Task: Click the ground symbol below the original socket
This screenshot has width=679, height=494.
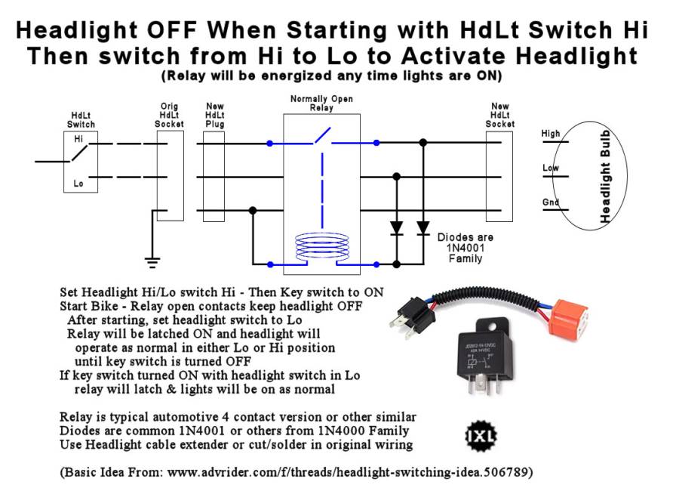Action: point(152,261)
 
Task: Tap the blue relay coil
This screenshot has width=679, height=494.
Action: point(322,249)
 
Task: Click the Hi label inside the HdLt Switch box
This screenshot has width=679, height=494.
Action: point(79,140)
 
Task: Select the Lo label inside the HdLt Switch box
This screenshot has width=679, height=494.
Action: point(79,184)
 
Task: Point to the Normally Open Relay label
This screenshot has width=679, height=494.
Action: point(321,103)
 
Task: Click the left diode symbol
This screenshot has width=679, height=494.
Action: point(396,227)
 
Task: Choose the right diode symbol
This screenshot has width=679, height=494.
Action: point(423,227)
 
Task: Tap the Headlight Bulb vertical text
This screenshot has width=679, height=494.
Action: point(605,177)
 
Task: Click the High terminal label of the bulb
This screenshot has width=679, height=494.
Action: point(551,134)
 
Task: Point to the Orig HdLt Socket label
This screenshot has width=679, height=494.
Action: point(170,115)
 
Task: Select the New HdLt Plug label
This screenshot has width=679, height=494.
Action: point(214,115)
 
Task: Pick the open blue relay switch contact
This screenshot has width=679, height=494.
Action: point(321,137)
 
